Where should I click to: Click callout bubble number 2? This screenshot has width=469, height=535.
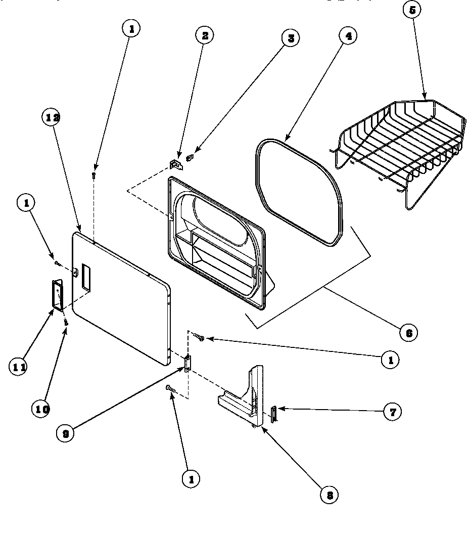point(205,35)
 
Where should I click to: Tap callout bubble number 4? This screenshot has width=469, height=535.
point(348,35)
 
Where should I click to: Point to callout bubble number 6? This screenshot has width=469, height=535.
point(408,332)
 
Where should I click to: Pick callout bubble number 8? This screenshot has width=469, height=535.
point(330,495)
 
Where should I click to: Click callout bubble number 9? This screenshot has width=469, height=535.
point(65,434)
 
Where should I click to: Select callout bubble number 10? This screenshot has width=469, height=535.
point(42,409)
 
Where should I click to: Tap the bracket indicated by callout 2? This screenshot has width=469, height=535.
point(175,164)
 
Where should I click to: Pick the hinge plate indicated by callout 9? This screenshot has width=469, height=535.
point(187,363)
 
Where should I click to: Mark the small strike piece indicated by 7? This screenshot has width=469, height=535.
point(273,413)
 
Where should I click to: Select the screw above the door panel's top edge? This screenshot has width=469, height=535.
point(94,174)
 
